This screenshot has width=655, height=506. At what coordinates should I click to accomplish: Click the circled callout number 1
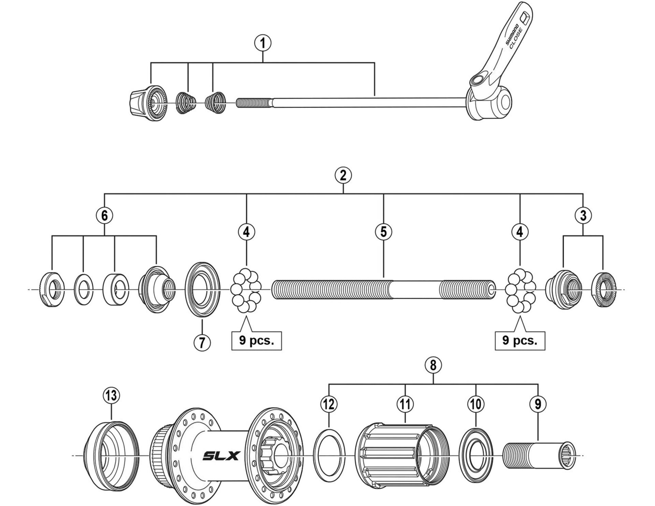(263, 43)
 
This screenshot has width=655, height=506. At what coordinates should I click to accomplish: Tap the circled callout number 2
(343, 175)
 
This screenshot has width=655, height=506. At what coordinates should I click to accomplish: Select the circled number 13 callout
(111, 396)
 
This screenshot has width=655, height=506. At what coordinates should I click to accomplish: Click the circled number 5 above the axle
(383, 232)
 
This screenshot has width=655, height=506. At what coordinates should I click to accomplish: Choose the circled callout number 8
(433, 366)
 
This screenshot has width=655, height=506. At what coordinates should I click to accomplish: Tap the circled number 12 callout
(329, 405)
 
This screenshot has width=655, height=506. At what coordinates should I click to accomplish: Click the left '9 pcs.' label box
(257, 341)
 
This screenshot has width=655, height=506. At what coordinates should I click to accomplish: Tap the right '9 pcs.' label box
(520, 341)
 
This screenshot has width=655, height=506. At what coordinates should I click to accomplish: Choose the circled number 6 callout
(104, 216)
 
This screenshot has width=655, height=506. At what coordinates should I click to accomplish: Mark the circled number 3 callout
(583, 216)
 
